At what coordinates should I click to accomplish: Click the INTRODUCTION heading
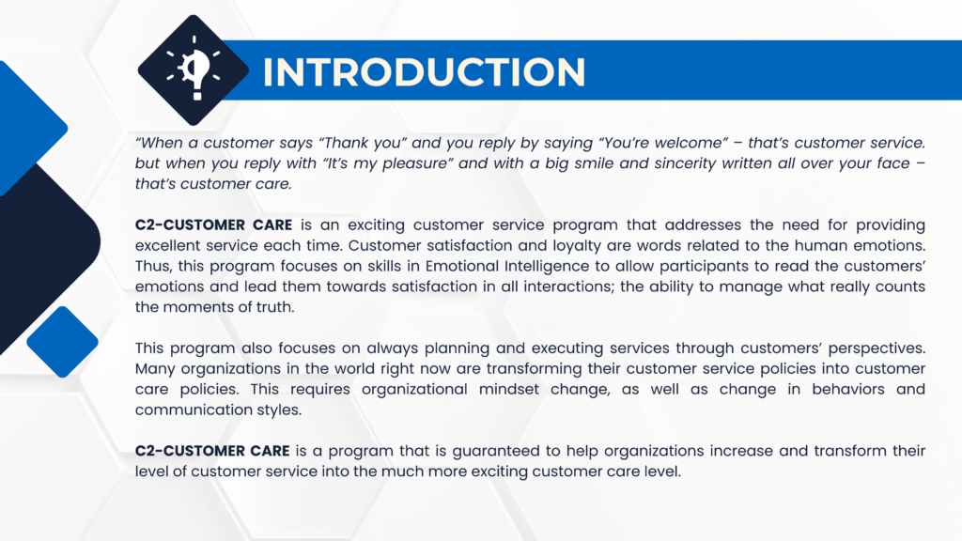424,71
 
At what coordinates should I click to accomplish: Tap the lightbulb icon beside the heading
194,68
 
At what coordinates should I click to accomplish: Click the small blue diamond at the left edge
62,342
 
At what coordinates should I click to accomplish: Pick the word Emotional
461,266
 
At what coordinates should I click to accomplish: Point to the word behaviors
848,390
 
